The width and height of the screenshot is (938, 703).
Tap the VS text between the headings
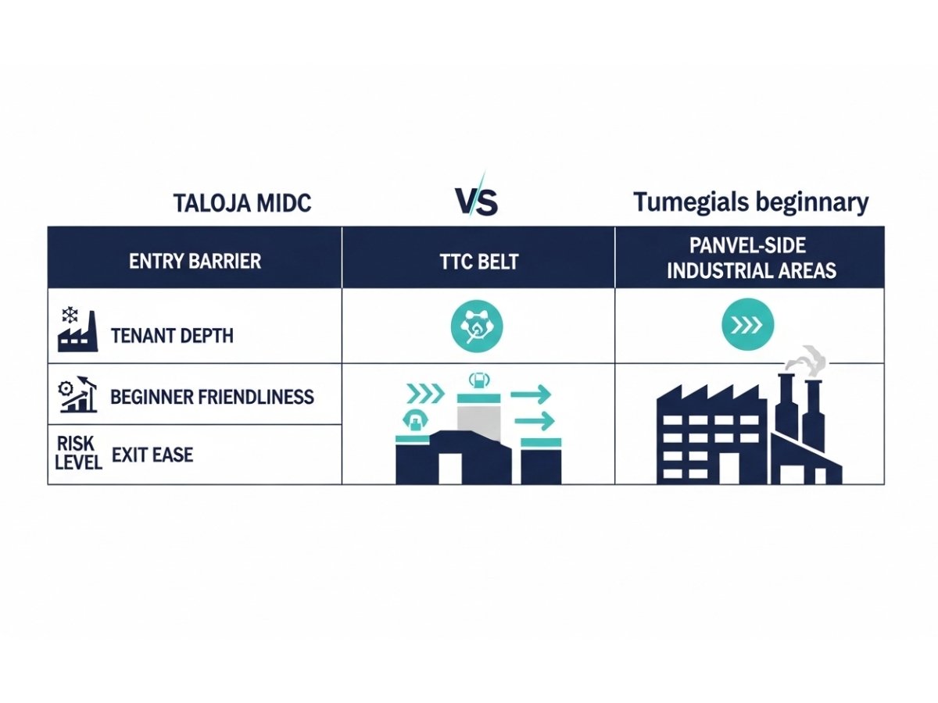click(x=476, y=202)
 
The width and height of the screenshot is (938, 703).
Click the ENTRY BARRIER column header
click(x=195, y=261)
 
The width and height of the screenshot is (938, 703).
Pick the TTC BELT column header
click(x=478, y=261)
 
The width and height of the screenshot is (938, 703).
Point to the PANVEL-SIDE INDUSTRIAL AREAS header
click(x=750, y=259)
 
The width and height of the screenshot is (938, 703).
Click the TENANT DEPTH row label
click(x=172, y=336)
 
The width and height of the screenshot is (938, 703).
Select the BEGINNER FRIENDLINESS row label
click(x=212, y=397)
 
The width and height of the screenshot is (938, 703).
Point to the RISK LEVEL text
click(x=79, y=453)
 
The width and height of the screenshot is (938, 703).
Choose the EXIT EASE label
click(x=152, y=454)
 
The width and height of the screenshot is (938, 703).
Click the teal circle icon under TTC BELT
click(x=478, y=327)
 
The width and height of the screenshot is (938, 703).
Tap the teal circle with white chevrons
click(x=747, y=327)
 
